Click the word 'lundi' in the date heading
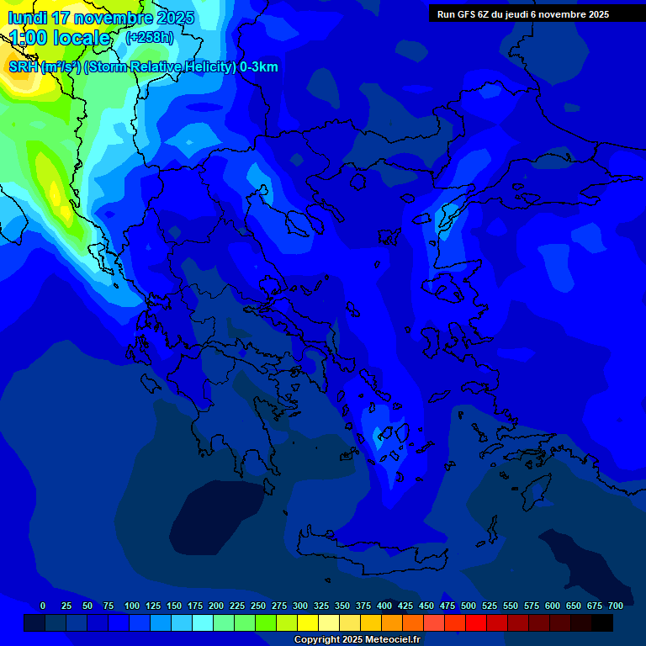point(28,18)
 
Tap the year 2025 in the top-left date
point(174,18)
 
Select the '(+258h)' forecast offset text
point(150,38)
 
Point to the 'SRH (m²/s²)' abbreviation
point(44,67)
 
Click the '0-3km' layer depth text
point(259,67)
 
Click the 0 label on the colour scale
point(43,606)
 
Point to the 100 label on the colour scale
point(132,606)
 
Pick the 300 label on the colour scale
point(300,606)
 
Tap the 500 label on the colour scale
point(469,606)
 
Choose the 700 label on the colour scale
point(616,606)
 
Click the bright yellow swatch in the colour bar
point(308,622)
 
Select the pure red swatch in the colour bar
point(476,622)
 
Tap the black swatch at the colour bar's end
point(602,622)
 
